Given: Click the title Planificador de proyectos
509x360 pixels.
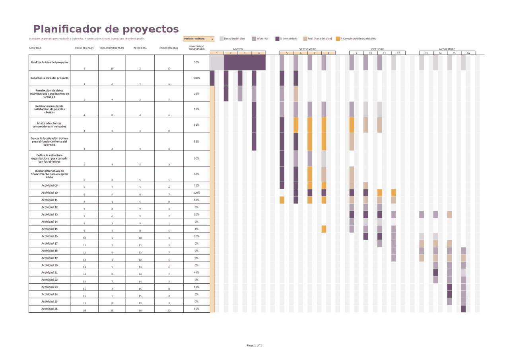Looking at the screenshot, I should pyautogui.click(x=106, y=29).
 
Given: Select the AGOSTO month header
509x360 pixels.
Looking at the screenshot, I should pyautogui.click(x=238, y=49).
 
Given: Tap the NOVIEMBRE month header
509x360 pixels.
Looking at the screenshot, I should pyautogui.click(x=447, y=49).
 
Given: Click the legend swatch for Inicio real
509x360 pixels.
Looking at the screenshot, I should pyautogui.click(x=254, y=39).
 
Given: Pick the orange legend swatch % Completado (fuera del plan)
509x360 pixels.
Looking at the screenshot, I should pyautogui.click(x=338, y=39).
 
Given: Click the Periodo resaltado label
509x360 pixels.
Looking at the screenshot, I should pyautogui.click(x=194, y=39).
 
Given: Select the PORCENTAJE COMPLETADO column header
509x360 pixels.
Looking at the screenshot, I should pyautogui.click(x=196, y=48).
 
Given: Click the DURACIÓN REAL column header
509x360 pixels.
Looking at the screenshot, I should pyautogui.click(x=169, y=48).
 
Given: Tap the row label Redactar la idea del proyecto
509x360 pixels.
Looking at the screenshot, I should pyautogui.click(x=49, y=78).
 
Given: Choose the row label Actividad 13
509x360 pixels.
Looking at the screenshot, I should pyautogui.click(x=49, y=214).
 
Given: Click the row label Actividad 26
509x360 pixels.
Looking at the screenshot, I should pyautogui.click(x=49, y=309).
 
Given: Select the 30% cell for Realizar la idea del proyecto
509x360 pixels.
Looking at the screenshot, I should pyautogui.click(x=196, y=62).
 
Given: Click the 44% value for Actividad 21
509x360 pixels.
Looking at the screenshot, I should pyautogui.click(x=196, y=272).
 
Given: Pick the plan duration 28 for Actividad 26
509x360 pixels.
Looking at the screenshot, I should pyautogui.click(x=112, y=310).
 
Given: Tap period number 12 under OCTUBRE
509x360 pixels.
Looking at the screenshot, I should pyautogui.click(x=398, y=53).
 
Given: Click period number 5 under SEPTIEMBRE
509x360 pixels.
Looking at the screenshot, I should pyautogui.click(x=286, y=53).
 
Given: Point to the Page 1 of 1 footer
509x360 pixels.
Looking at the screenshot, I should pyautogui.click(x=254, y=345).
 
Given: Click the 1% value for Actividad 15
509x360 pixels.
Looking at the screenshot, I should pyautogui.click(x=196, y=229).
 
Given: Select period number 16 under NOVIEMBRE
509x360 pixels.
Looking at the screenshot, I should pyautogui.click(x=468, y=53).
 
